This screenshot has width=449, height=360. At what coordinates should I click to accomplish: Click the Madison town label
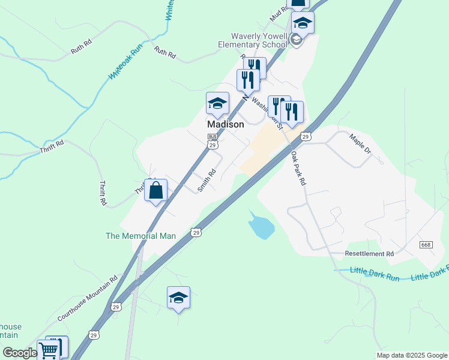tap(226, 125)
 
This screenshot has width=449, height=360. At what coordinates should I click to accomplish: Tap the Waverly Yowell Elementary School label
tap(253, 40)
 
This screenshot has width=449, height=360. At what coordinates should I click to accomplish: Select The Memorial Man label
tap(140, 236)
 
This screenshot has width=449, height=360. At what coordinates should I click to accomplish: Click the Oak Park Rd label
tap(298, 167)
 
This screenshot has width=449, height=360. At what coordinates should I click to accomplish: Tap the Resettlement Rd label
tap(369, 254)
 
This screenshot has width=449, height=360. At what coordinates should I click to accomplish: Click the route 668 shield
tap(426, 245)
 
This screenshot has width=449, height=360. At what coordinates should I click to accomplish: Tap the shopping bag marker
tap(156, 191)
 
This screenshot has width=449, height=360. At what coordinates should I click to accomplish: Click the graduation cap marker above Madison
tap(217, 104)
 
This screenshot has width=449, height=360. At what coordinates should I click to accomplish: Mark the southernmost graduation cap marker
tap(178, 298)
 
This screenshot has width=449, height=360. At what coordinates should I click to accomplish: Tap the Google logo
tap(20, 353)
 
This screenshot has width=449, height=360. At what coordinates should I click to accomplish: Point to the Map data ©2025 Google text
tap(412, 355)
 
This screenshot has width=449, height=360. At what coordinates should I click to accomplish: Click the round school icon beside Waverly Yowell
tap(295, 40)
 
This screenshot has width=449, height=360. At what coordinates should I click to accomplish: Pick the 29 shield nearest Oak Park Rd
tap(306, 137)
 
